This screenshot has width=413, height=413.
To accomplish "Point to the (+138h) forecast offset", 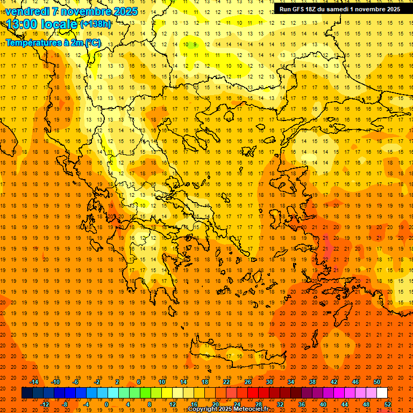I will (x=95, y=24).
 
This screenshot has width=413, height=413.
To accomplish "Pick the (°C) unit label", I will (x=92, y=42).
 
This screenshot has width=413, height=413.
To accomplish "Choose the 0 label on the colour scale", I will (x=106, y=404).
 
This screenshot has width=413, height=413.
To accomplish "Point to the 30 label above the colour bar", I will (x=269, y=382).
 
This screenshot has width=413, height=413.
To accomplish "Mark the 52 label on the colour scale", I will (x=388, y=404).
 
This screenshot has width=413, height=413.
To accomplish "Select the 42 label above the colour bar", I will (x=334, y=382).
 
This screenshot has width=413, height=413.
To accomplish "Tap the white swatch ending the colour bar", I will (x=382, y=393).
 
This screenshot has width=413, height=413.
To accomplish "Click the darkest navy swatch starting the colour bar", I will (x=27, y=393).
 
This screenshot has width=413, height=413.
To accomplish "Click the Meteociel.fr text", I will (x=252, y=409).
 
